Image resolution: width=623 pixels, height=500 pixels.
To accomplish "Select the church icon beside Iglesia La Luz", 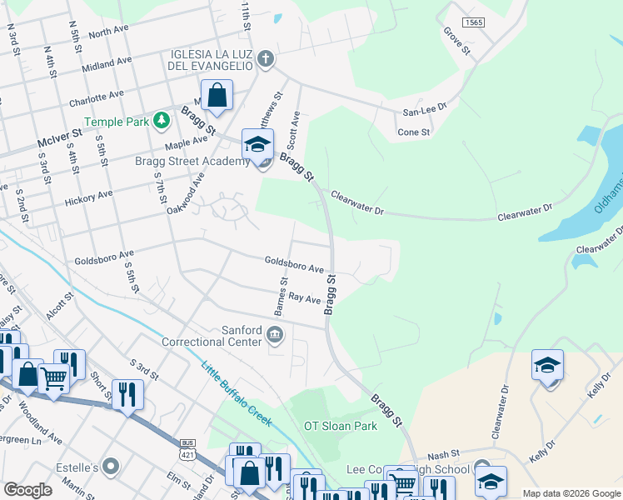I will (266, 58).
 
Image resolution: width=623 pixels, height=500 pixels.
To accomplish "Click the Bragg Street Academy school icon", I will (257, 145).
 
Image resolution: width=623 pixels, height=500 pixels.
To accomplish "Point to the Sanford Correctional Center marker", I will (275, 336).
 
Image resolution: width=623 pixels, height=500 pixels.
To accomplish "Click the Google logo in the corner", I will (27, 490).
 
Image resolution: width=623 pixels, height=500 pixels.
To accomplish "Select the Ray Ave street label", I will (304, 298).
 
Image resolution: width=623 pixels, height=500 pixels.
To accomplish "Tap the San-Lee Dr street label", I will (425, 107).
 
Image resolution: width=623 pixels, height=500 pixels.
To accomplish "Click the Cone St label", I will (414, 132).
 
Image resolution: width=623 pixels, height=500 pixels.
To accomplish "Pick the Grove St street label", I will (456, 42).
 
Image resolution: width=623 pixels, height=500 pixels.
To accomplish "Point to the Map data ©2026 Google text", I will (571, 493).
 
